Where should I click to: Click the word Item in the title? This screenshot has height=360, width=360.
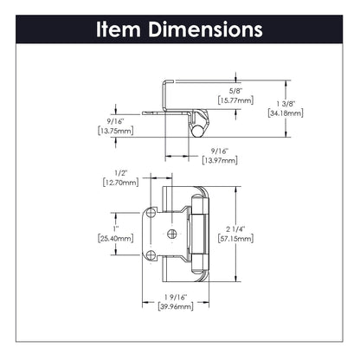click(120, 29)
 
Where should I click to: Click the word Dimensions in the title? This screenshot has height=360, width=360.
click(204, 29)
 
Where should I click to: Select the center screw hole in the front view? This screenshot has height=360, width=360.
click(171, 233)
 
